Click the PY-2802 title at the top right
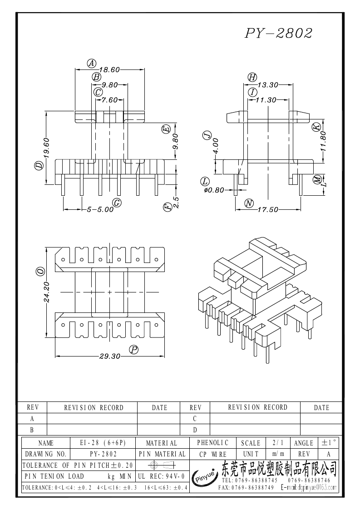coord(279,33)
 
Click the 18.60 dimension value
coord(109,69)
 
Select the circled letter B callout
coord(96,77)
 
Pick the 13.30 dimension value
coord(268,84)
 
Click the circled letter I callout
coord(252,92)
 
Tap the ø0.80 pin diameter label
coord(214,191)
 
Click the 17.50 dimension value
coord(268,210)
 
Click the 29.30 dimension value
coord(110,357)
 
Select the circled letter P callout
coord(133,349)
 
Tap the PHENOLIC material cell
coord(212,442)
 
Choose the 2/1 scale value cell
coord(276,442)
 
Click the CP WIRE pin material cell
coord(212,454)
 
